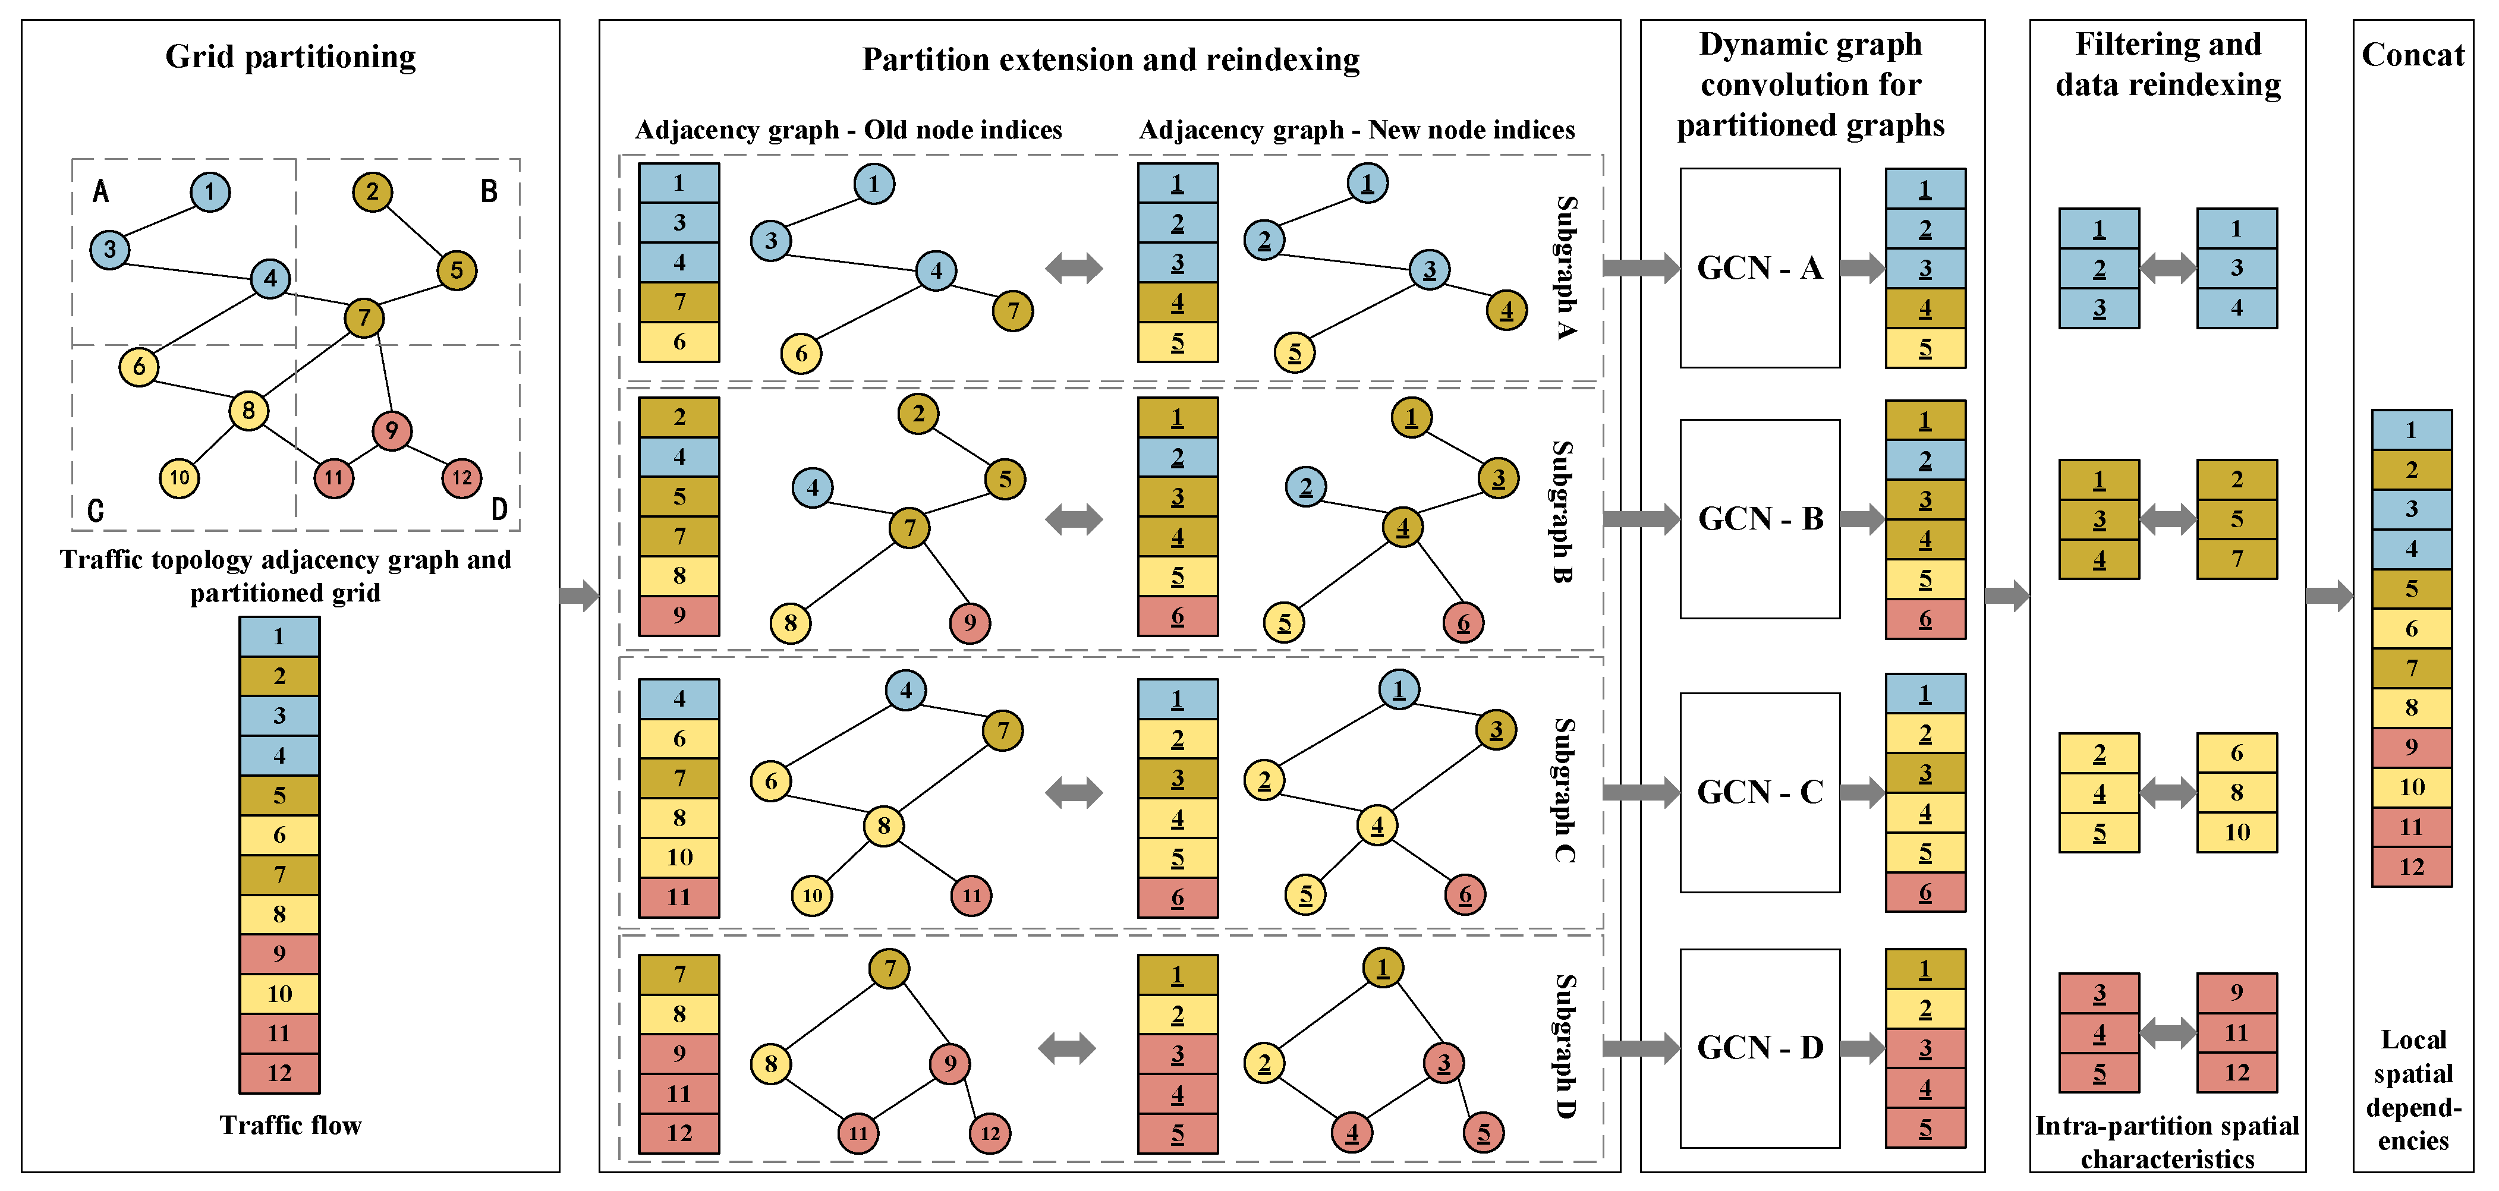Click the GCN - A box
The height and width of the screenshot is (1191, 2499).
(x=1759, y=267)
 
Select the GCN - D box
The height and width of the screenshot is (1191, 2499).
(x=1759, y=1047)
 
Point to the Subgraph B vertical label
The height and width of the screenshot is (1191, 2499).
(x=1562, y=511)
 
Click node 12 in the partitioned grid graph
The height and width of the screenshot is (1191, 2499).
(x=462, y=477)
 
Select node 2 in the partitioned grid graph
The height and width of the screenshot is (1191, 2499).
(x=373, y=191)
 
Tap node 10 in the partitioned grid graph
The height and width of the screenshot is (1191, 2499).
(x=180, y=477)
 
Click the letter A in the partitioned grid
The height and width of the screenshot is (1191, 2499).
(x=100, y=191)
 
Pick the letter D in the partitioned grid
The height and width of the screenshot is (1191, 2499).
(x=499, y=508)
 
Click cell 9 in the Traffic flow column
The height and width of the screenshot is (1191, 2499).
(x=279, y=953)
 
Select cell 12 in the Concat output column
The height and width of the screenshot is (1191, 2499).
(x=2412, y=866)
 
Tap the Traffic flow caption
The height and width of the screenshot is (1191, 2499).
(x=290, y=1125)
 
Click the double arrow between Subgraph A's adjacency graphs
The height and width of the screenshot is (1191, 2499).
(x=1074, y=267)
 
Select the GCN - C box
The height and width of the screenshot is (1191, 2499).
(x=1759, y=792)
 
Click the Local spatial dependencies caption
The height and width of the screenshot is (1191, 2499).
(x=2413, y=1090)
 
